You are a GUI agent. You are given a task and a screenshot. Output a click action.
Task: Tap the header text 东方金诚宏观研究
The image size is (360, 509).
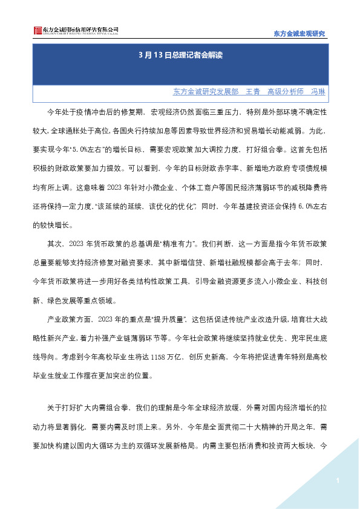pos(296,34)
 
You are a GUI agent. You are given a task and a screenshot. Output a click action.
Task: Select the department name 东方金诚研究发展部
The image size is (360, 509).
pos(205,92)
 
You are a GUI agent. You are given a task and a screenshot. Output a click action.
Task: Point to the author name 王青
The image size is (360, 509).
pos(252,92)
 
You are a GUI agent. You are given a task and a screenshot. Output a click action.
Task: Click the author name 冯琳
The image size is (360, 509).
pos(318,92)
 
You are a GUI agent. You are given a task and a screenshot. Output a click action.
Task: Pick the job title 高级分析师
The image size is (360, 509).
pos(285,92)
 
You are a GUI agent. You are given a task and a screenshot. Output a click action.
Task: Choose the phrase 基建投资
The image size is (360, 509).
pos(248,211)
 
